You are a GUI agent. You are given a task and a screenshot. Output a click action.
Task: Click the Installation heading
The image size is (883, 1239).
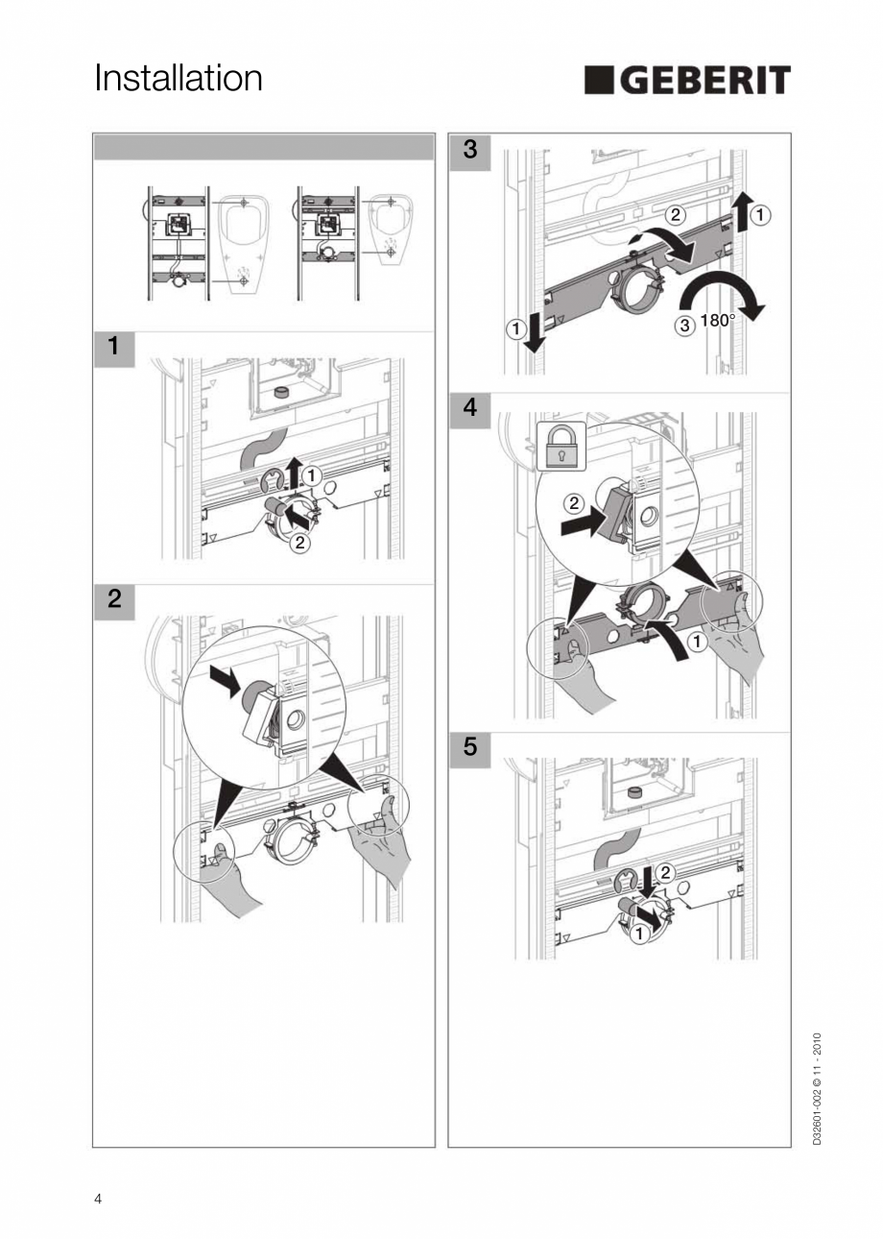[179, 79]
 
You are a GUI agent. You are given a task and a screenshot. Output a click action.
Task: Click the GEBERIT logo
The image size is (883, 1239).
[687, 81]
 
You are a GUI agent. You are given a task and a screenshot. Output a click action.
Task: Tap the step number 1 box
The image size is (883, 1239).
[114, 346]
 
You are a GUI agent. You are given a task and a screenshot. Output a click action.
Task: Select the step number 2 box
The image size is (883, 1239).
[114, 599]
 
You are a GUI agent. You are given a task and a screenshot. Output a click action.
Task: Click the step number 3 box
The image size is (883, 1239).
[469, 149]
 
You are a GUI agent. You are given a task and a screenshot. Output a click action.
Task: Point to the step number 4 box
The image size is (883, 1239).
[469, 407]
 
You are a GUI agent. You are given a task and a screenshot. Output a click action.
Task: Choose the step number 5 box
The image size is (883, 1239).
[469, 746]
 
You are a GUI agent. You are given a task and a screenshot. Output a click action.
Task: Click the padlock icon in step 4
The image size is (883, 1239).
[561, 447]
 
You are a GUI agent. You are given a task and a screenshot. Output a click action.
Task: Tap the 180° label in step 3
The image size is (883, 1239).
[717, 321]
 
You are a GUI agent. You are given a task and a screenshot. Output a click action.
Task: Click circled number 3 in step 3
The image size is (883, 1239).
[684, 326]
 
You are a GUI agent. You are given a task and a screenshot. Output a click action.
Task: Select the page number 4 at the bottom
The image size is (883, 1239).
[98, 1199]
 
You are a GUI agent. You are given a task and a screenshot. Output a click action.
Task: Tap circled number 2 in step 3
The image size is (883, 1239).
[676, 215]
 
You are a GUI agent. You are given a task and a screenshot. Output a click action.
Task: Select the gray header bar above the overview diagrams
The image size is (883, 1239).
[264, 147]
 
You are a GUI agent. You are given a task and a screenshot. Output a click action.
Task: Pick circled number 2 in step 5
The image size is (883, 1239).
[665, 872]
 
